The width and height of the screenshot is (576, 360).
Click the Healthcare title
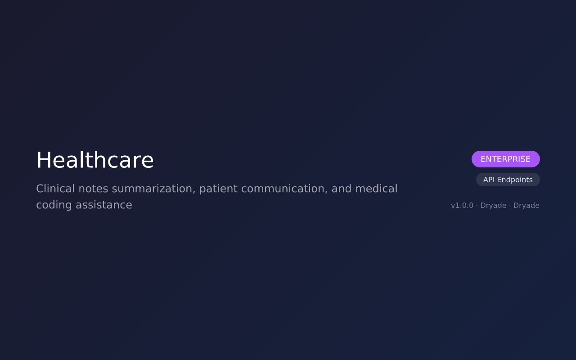95,160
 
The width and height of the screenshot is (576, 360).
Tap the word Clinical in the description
55,189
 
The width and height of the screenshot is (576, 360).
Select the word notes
93,189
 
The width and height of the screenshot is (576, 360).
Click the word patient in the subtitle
216,189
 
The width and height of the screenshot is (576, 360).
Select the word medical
376,189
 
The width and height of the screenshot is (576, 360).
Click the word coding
54,205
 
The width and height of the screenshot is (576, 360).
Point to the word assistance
103,205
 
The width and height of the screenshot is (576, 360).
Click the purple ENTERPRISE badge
505,159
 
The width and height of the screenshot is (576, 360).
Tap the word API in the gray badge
489,180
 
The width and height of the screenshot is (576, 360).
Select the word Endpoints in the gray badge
514,180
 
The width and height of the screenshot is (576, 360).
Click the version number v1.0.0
462,206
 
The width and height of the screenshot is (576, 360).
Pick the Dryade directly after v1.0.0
493,206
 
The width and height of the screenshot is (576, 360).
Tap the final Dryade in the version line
526,206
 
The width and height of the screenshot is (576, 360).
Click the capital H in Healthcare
44,160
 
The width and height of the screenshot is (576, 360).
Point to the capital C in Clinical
40,189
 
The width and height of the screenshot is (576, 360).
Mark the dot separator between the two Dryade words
510,206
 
